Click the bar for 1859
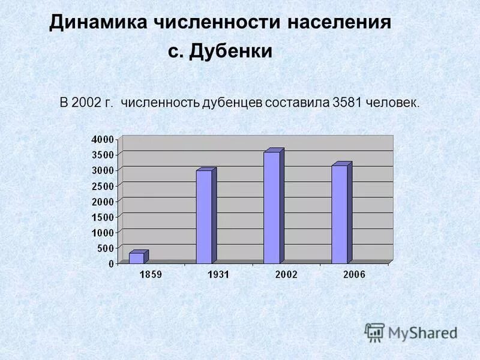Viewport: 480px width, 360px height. [x=137, y=257]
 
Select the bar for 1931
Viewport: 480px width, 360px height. [x=204, y=217]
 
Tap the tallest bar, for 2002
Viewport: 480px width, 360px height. [x=271, y=207]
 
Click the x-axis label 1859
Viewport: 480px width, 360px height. [x=151, y=274]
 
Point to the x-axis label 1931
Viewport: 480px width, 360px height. [x=218, y=274]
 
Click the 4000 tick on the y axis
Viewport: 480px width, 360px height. [x=102, y=139]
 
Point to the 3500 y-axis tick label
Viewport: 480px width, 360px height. [x=102, y=155]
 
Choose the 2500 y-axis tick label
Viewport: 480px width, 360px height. [x=102, y=185]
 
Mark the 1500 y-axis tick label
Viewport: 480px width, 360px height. [x=102, y=216]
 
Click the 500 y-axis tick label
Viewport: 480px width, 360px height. [x=105, y=248]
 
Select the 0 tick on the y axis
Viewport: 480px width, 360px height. [x=110, y=263]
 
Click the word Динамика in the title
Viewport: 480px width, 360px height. [x=99, y=23]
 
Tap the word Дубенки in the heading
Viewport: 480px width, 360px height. [x=231, y=52]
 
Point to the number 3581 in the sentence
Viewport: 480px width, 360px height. [x=346, y=103]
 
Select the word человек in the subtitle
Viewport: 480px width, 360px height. [x=392, y=103]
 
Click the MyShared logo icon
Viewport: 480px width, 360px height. [x=374, y=332]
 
